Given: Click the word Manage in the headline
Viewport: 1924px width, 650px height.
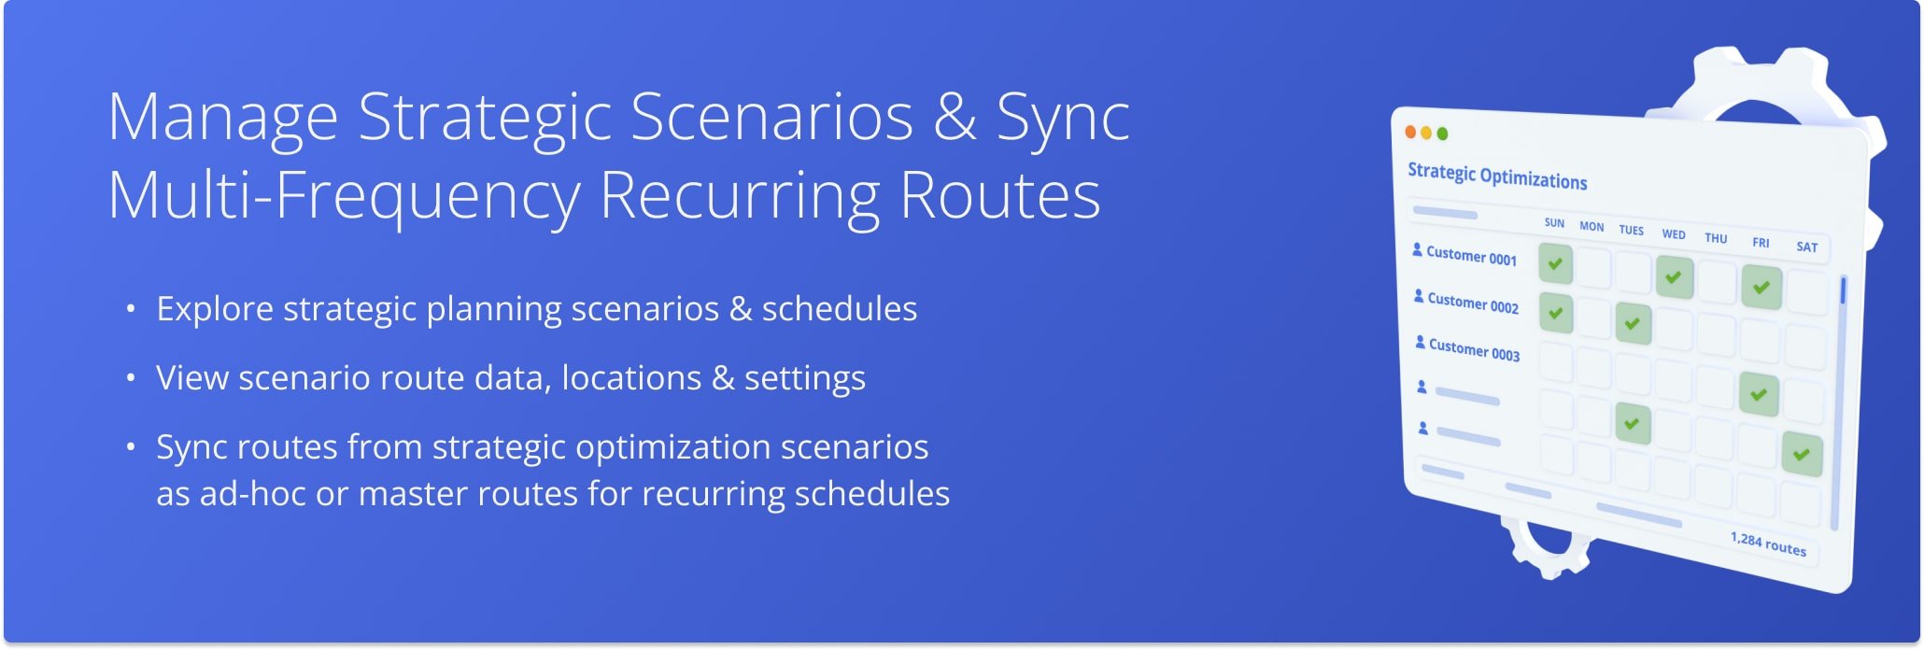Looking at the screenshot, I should coord(222,118).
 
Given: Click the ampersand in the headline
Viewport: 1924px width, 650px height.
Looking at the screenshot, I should coord(954,118).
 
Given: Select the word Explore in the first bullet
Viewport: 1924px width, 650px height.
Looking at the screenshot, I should coord(214,309).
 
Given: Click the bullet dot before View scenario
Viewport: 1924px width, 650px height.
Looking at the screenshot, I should coord(131,378).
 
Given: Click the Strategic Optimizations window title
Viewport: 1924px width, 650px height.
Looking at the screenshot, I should coord(1496,177).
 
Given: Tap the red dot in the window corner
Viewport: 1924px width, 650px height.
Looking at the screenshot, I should coord(1410,133).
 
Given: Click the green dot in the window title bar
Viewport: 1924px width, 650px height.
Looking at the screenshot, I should coord(1442,134).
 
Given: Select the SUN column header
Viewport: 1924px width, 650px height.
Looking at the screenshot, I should coord(1554,223).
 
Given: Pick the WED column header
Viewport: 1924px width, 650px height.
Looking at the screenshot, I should coord(1673,234).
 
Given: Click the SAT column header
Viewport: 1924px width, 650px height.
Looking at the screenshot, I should coord(1806,247).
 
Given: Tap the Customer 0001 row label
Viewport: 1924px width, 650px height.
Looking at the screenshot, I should coord(1471,256).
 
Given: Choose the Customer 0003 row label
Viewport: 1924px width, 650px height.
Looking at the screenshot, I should coord(1474,350).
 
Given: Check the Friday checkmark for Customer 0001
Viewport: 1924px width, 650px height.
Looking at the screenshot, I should coord(1761,288).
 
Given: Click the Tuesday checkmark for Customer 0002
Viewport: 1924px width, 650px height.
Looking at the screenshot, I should coord(1633,324).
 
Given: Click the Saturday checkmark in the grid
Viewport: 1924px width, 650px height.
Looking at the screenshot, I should coord(1801,456).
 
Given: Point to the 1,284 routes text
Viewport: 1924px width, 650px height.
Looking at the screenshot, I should coord(1767,544).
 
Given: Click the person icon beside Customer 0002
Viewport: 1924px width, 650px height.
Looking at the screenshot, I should coord(1419,296).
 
